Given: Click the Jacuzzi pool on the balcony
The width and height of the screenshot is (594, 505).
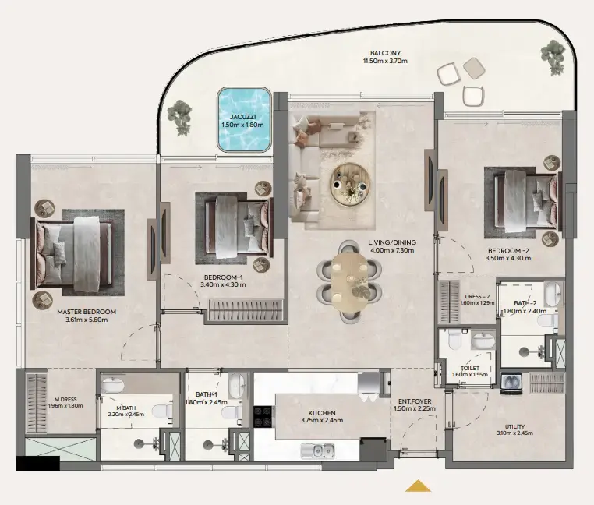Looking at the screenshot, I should click(244, 120).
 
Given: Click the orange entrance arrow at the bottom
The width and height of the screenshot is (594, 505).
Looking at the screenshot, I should click(419, 486).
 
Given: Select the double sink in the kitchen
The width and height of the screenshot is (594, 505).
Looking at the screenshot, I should click(320, 450).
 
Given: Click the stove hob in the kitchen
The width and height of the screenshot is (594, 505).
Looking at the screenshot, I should click(263, 418).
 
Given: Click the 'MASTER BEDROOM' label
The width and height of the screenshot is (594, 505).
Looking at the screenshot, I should click(86, 312).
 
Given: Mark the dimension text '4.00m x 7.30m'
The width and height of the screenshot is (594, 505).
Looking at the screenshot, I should click(392, 252).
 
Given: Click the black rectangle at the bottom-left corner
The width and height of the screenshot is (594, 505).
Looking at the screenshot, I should click(37, 463).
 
